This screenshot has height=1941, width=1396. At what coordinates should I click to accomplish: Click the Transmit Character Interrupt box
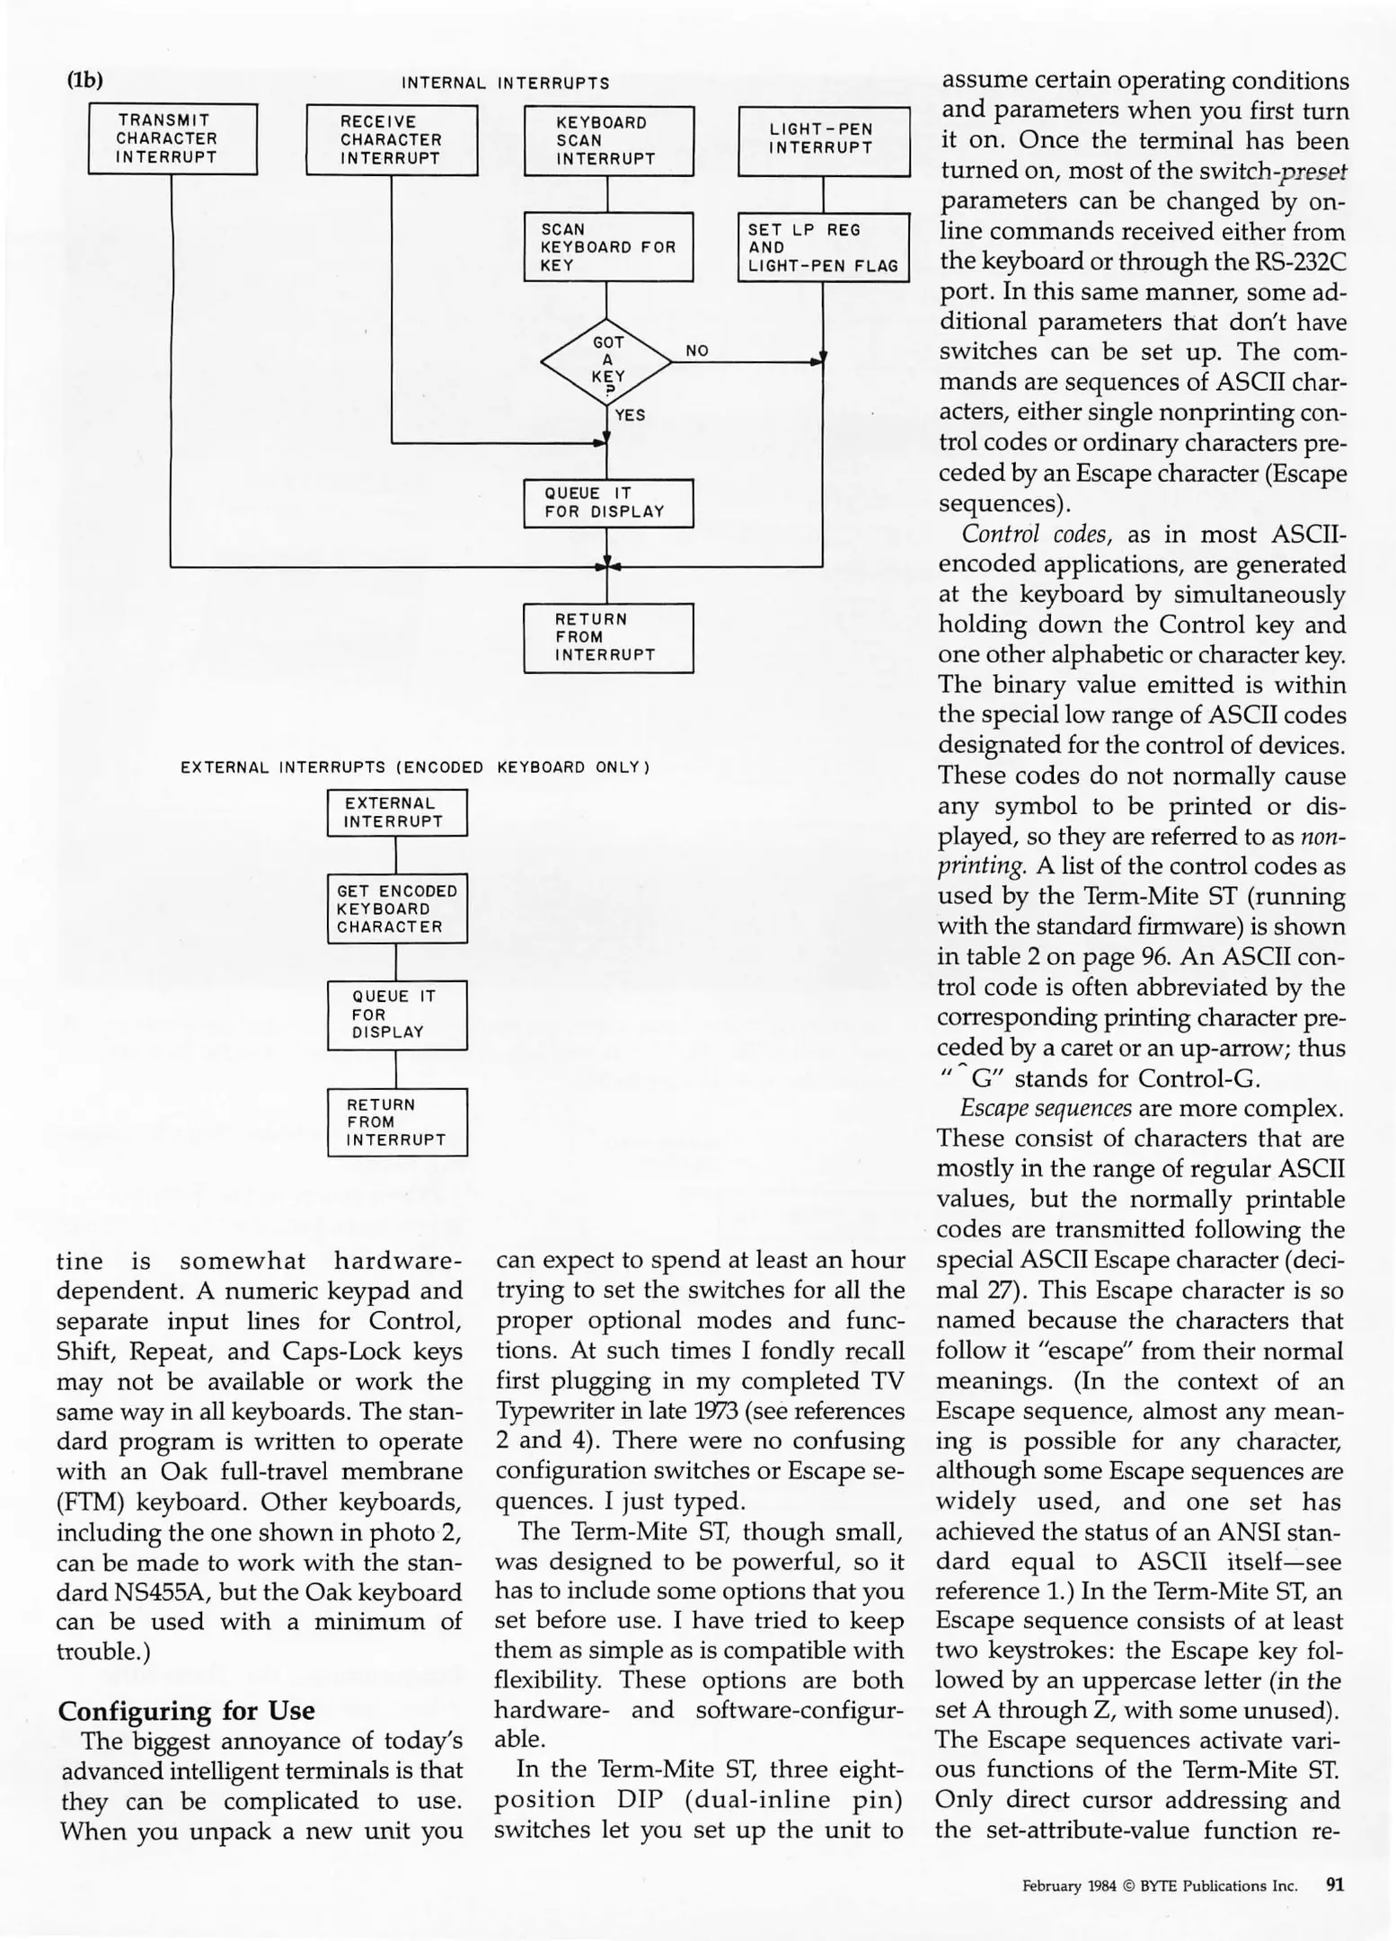pyautogui.click(x=172, y=139)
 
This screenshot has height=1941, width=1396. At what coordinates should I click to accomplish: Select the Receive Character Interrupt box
pyautogui.click(x=391, y=140)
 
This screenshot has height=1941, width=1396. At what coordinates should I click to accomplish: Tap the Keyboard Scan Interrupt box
pyautogui.click(x=608, y=141)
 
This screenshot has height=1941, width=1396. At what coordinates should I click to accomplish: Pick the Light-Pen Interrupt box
pyautogui.click(x=824, y=140)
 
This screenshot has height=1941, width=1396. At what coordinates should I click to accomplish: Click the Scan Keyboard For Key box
pyautogui.click(x=608, y=247)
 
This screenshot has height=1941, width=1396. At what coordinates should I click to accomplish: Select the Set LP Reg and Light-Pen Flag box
pyautogui.click(x=824, y=247)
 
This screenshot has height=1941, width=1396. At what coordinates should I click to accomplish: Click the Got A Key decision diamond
pyautogui.click(x=607, y=362)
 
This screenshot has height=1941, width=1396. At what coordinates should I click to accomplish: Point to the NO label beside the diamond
pyautogui.click(x=697, y=351)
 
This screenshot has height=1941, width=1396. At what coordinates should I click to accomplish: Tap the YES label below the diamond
pyautogui.click(x=630, y=415)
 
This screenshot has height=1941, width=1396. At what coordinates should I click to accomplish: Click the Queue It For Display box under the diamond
pyautogui.click(x=608, y=503)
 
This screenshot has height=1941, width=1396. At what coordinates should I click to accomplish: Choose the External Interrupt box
pyautogui.click(x=397, y=812)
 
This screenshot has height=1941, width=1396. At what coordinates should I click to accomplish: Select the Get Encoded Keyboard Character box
pyautogui.click(x=397, y=908)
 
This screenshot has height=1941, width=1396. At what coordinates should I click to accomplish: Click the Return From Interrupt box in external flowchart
pyautogui.click(x=397, y=1122)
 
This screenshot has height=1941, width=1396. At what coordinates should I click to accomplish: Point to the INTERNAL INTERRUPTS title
pyautogui.click(x=505, y=84)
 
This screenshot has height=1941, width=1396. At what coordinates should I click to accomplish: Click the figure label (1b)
pyautogui.click(x=85, y=80)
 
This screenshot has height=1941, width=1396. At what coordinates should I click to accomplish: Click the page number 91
pyautogui.click(x=1335, y=1885)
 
